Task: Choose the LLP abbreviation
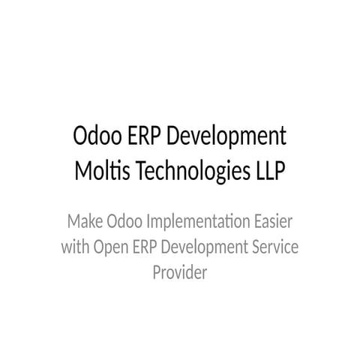pyautogui.click(x=270, y=171)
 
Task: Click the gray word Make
pyautogui.click(x=84, y=223)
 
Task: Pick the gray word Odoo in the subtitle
pyautogui.click(x=124, y=223)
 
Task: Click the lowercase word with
pyautogui.click(x=74, y=247)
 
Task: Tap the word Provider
pyautogui.click(x=180, y=272)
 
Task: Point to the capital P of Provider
pyautogui.click(x=157, y=272)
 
